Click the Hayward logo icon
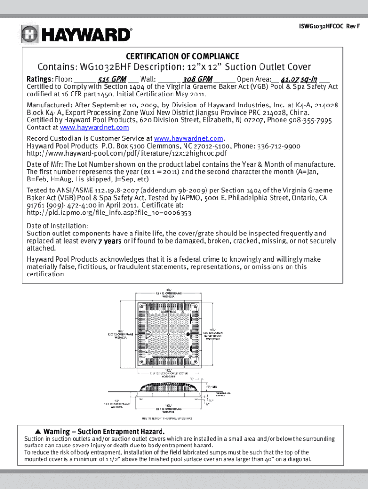click(29, 34)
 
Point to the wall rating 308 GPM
click(197, 79)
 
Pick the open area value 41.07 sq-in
click(299, 79)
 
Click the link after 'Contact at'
click(94, 128)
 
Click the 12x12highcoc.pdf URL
click(127, 154)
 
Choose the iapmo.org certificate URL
click(109, 213)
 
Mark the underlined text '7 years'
click(110, 241)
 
